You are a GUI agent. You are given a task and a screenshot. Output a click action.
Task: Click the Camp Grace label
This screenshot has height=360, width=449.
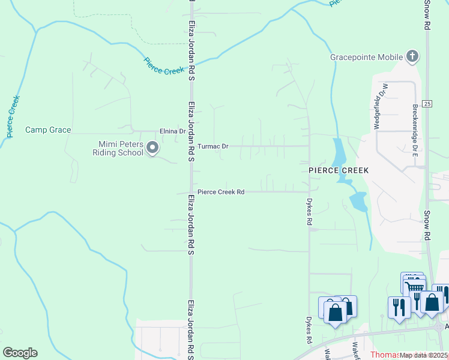click(x=48, y=130)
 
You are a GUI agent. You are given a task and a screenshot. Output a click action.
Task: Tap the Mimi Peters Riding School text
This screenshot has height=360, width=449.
click(x=122, y=148)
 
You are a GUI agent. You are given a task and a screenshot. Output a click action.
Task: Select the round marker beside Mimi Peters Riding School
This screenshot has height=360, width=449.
click(x=152, y=148)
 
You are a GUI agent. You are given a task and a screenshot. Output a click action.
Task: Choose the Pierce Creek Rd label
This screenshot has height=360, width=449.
click(x=221, y=192)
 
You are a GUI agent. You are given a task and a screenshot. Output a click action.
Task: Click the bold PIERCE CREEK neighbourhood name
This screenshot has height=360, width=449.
click(x=339, y=170)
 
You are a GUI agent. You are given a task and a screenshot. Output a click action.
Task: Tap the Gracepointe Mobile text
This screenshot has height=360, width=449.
click(x=366, y=58)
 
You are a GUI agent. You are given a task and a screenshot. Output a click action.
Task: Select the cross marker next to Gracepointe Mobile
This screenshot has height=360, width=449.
click(x=412, y=57)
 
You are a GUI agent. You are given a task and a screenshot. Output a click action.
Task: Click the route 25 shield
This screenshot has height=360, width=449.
click(x=427, y=103)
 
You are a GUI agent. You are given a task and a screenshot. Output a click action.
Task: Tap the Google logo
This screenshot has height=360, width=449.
click(x=20, y=353)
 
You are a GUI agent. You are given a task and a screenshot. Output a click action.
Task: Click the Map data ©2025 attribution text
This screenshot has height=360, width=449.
click(x=424, y=355)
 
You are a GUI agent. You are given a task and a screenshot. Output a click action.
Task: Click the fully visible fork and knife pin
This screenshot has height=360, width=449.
click(x=399, y=307)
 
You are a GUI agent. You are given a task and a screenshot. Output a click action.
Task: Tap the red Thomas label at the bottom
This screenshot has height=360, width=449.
click(x=384, y=355)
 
